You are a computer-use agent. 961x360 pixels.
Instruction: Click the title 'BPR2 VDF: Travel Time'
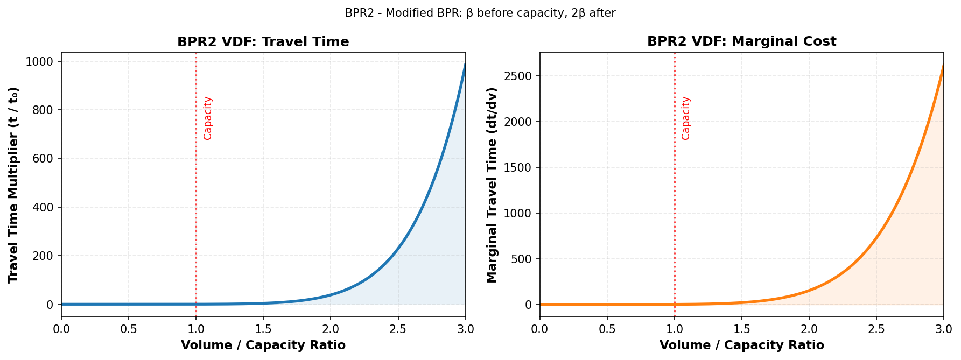tap(263, 42)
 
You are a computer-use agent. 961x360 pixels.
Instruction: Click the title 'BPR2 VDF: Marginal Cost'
tap(741, 42)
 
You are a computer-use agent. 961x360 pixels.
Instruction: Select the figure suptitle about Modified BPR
tap(480, 13)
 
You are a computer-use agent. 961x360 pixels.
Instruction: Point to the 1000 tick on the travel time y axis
tap(39, 62)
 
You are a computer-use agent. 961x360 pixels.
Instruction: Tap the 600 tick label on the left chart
tap(43, 159)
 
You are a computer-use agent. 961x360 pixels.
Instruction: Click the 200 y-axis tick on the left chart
tap(43, 256)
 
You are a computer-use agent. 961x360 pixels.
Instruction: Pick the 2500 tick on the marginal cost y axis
tap(518, 76)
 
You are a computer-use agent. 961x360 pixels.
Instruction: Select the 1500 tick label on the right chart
tap(518, 167)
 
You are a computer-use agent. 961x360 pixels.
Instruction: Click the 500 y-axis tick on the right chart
tap(521, 259)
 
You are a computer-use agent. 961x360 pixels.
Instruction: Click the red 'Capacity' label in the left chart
tap(208, 118)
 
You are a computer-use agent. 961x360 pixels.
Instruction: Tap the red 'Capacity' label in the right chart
tap(686, 118)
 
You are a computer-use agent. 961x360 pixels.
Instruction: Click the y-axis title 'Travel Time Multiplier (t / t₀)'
tap(13, 185)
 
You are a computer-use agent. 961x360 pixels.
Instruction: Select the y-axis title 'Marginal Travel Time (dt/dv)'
tap(492, 185)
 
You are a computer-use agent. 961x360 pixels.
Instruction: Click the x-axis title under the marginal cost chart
tap(741, 345)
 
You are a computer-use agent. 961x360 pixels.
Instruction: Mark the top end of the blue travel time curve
tap(465, 65)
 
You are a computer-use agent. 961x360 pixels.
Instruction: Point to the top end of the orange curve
tap(943, 66)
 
